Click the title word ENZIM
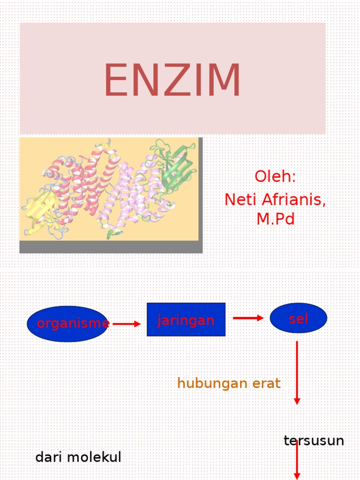click(x=172, y=81)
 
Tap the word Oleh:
click(x=275, y=177)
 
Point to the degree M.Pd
click(x=275, y=218)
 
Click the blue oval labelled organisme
click(x=67, y=323)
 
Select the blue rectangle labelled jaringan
click(x=186, y=320)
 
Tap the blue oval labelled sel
click(x=298, y=318)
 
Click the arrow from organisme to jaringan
click(x=127, y=323)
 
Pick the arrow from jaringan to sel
click(x=248, y=318)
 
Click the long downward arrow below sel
click(x=297, y=373)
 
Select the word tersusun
click(x=314, y=441)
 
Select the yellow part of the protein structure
click(x=41, y=209)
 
